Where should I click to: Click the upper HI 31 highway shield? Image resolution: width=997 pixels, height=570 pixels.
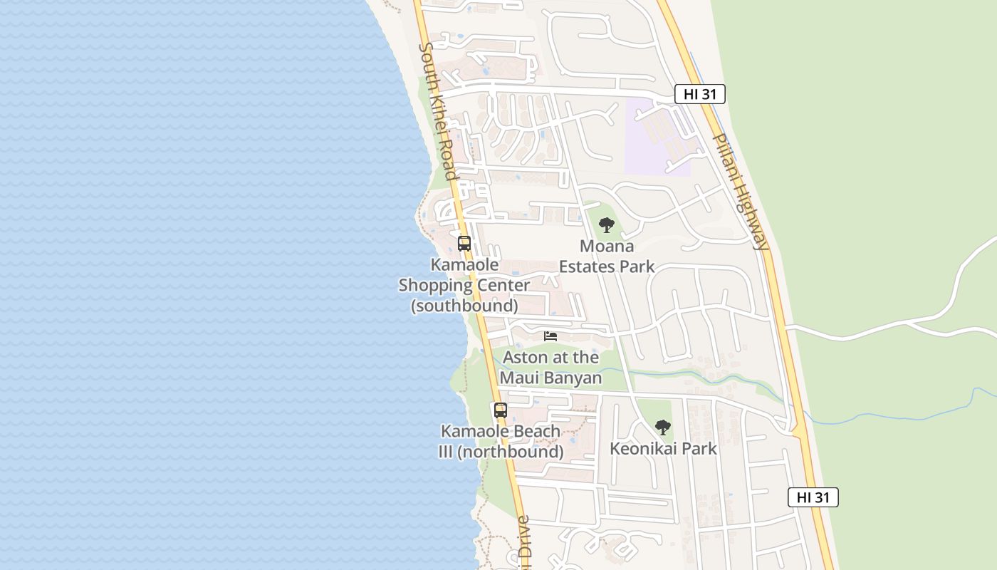[x=699, y=94]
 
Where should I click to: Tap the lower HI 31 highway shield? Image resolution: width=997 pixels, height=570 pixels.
[x=813, y=497]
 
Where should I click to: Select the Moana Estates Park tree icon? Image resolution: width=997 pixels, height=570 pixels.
[x=607, y=226]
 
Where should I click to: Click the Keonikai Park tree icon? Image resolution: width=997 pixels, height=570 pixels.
[x=663, y=427]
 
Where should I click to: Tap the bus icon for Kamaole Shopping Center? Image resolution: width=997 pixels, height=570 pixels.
[x=464, y=244]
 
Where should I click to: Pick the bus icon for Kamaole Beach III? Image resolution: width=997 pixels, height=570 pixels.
[x=501, y=410]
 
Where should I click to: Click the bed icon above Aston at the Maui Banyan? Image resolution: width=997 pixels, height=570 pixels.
[x=550, y=336]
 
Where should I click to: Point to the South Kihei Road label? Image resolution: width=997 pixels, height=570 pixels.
[x=438, y=110]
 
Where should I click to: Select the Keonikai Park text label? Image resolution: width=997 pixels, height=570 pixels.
[x=663, y=449]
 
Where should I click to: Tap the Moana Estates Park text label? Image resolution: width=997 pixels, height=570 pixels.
[x=607, y=256]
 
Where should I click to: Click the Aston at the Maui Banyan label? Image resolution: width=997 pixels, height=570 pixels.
[x=550, y=367]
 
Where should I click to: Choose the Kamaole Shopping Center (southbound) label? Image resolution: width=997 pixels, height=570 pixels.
[x=464, y=285]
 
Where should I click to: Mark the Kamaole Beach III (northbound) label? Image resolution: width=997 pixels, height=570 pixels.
[x=501, y=442]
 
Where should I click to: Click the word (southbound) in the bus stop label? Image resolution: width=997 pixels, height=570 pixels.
[x=464, y=306]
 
